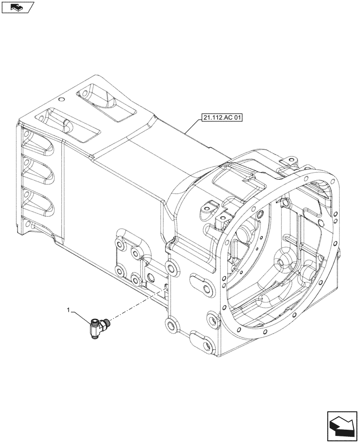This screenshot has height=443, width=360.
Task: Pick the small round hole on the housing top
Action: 62,99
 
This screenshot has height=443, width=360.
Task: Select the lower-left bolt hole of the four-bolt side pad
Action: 119,270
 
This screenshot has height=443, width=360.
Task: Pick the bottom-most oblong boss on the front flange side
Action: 202,342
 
